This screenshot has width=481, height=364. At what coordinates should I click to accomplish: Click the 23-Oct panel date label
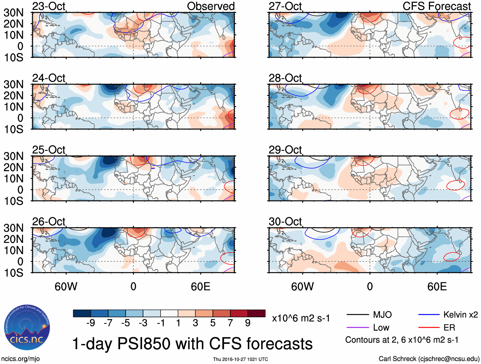click(x=49, y=6)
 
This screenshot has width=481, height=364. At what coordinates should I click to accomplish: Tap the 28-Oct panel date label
click(x=285, y=78)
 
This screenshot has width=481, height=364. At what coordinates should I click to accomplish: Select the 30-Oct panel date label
click(x=285, y=221)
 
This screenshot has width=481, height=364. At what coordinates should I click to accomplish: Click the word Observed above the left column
click(x=211, y=6)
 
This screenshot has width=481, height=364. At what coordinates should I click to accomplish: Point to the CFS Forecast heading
click(x=436, y=6)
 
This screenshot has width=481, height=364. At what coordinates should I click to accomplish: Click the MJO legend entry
click(x=382, y=315)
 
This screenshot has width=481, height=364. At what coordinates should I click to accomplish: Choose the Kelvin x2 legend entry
click(x=460, y=315)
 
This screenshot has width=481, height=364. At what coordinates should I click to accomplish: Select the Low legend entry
click(x=381, y=327)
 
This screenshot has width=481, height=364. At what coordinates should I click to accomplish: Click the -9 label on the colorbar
click(x=90, y=323)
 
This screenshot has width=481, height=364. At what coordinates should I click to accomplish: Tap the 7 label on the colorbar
click(x=230, y=323)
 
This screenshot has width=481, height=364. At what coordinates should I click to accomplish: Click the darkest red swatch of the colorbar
click(x=256, y=313)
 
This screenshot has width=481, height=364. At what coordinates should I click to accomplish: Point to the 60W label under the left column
click(x=66, y=287)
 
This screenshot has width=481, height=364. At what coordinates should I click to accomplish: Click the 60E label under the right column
click(x=437, y=287)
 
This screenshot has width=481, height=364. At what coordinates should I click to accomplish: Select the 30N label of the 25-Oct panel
click(x=14, y=156)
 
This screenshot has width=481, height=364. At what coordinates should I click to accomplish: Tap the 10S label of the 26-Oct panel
click(x=14, y=273)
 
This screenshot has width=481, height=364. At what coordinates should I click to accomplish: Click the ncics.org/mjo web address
click(x=20, y=359)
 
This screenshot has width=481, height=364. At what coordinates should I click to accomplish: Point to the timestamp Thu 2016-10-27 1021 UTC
click(x=240, y=359)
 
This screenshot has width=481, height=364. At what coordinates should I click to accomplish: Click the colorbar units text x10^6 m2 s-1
click(x=301, y=318)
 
